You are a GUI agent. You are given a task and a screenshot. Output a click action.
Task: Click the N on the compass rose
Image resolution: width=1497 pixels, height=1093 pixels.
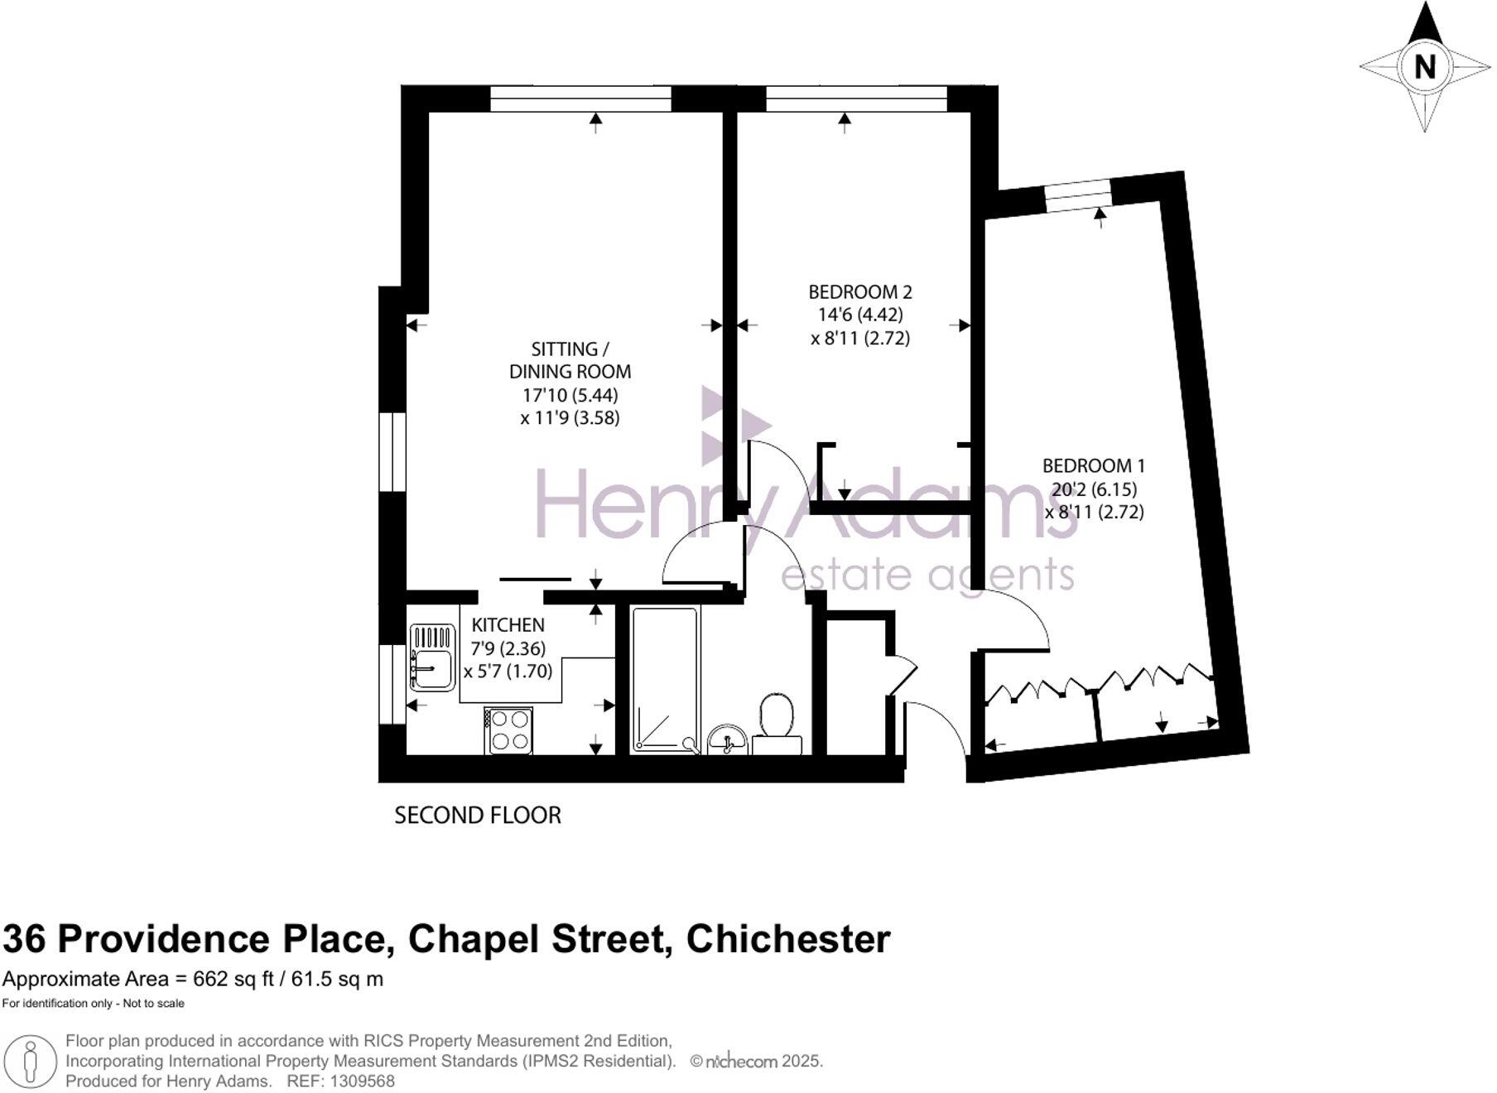1424,66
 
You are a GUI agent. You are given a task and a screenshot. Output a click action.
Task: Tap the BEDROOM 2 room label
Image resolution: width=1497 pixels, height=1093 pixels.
860,291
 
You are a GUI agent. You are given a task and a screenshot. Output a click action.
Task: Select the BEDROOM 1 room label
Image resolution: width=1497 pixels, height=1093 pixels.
1094,465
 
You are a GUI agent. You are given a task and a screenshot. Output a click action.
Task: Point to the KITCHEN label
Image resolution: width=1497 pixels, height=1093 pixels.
508,625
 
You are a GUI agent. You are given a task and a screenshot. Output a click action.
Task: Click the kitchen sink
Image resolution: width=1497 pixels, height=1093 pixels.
432,657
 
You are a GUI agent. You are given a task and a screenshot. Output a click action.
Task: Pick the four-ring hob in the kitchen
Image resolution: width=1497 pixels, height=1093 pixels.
508,730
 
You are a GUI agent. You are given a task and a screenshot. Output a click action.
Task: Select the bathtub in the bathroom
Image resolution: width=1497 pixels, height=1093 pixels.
665,679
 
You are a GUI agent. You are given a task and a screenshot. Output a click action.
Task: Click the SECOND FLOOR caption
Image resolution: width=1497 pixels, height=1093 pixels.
478,816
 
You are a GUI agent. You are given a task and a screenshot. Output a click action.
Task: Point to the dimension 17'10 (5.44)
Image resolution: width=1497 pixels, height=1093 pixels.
570,395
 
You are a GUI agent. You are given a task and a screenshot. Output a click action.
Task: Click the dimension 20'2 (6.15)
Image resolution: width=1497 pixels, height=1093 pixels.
1094,489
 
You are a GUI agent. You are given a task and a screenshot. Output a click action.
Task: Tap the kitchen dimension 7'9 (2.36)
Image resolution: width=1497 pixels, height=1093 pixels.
508,648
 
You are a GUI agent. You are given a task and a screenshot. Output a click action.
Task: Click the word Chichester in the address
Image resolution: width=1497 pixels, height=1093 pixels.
788,939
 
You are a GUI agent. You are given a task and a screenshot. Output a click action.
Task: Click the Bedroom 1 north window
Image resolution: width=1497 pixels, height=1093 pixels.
1077,194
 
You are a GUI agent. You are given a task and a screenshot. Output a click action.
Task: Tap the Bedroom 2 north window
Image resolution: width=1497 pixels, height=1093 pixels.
856,99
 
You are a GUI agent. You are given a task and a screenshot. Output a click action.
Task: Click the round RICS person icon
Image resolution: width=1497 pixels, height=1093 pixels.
31,1061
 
